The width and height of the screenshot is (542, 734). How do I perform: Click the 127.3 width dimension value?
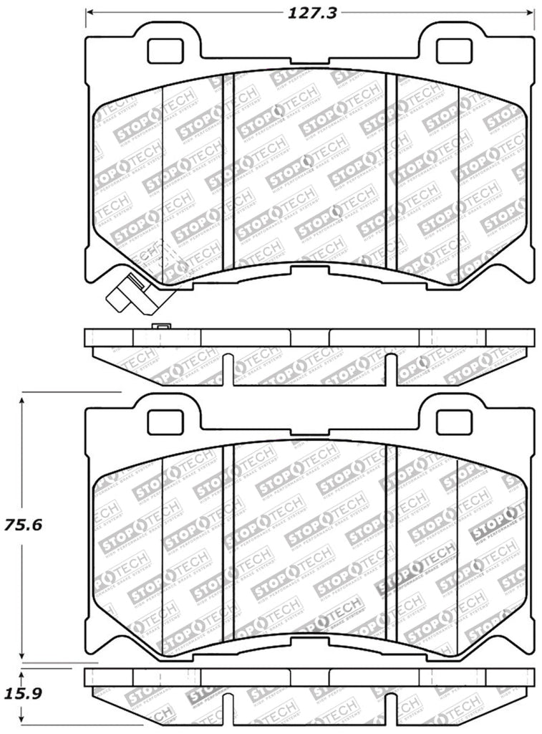coord(310,12)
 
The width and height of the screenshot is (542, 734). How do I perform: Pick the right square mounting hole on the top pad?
coord(454,49)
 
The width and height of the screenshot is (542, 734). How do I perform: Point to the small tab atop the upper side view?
coord(162,326)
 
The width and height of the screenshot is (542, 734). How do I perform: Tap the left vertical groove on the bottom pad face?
coord(228,541)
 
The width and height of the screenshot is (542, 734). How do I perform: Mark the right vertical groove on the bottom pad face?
coord(391,541)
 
